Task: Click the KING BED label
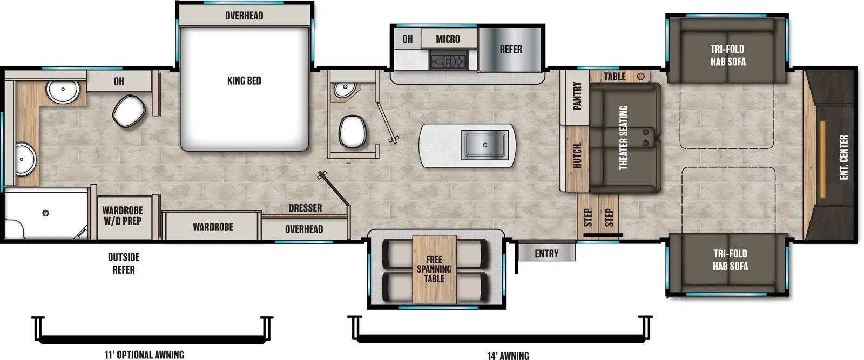[244, 81]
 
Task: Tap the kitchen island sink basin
[484, 145]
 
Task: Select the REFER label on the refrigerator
[510, 50]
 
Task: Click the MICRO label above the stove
[448, 39]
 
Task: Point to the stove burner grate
[448, 60]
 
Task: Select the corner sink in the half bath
[342, 89]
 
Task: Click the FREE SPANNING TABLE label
[434, 269]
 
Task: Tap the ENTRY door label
[546, 254]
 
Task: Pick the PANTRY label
[577, 96]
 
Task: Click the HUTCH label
[577, 157]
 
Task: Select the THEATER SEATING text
[623, 137]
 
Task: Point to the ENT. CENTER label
[844, 157]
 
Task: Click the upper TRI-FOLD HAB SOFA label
[727, 55]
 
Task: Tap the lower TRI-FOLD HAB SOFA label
[730, 260]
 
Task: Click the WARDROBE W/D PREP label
[123, 215]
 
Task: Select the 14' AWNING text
[508, 355]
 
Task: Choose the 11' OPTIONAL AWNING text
[144, 355]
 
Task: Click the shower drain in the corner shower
[46, 213]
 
